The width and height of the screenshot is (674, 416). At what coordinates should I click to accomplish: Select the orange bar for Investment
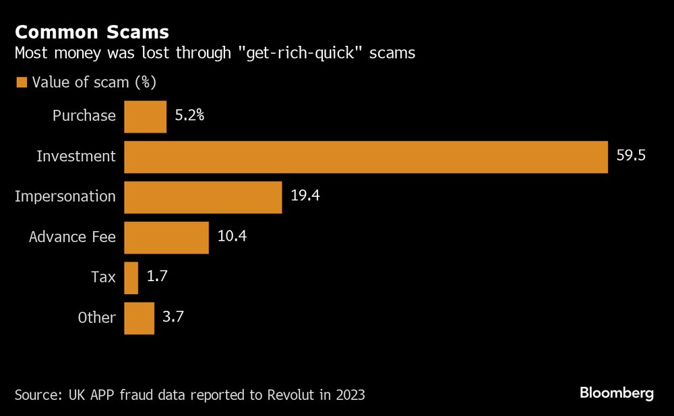tap(366, 156)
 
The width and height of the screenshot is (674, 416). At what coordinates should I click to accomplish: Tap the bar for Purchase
tap(145, 116)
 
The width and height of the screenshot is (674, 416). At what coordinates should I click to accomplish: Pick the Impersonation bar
tap(203, 197)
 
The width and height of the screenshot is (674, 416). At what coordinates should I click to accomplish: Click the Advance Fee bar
tap(166, 237)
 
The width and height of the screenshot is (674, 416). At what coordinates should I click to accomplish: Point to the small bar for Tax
tap(131, 278)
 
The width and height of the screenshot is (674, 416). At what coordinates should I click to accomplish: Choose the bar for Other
tap(139, 318)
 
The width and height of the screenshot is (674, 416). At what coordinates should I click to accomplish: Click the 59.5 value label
tap(631, 156)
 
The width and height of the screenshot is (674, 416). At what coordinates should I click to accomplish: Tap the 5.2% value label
tap(189, 115)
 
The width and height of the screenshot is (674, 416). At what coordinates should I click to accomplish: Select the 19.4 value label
tap(305, 196)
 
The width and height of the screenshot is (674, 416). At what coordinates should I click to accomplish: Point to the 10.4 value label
tap(232, 237)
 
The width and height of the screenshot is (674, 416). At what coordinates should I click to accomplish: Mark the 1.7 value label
tap(158, 277)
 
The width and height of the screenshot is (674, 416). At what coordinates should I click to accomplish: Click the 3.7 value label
tap(174, 318)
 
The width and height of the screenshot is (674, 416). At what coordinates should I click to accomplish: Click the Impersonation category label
tap(65, 197)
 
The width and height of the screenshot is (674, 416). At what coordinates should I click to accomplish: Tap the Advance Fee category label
tap(72, 237)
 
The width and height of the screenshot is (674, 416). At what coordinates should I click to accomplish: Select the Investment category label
tap(76, 156)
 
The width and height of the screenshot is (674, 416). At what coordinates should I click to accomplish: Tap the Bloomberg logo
tap(616, 393)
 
